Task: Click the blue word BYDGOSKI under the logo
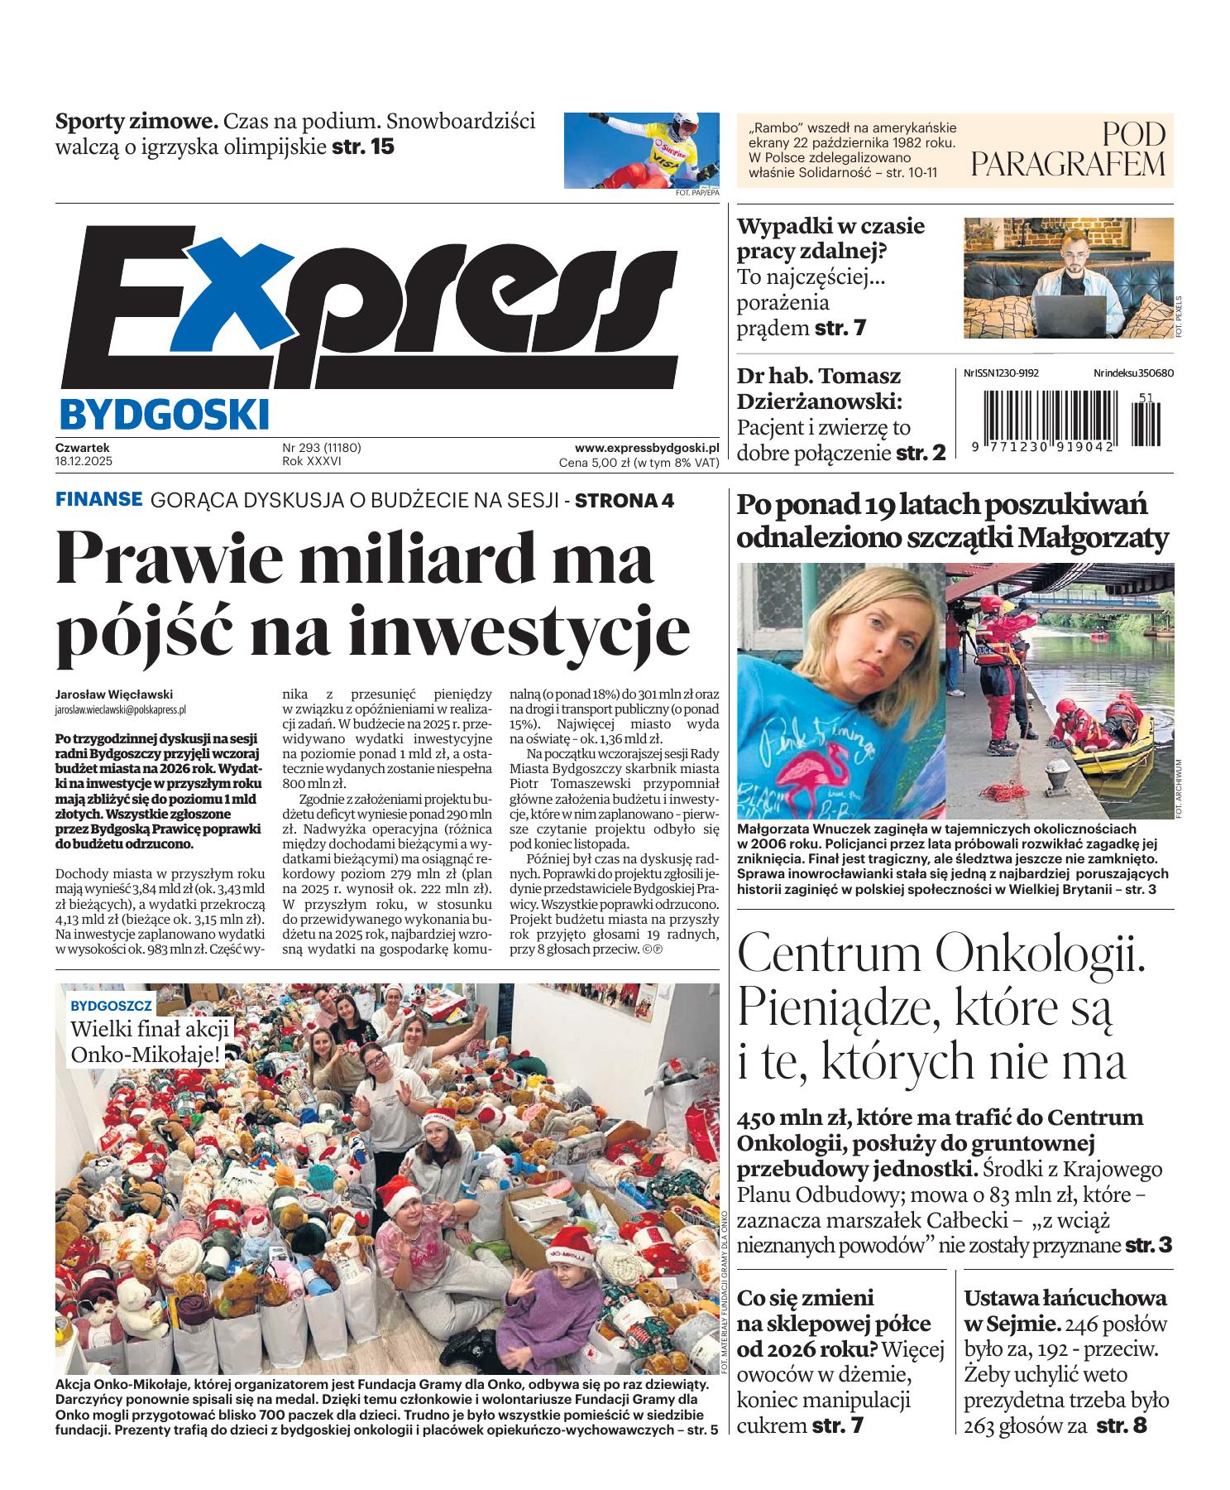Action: coord(165,413)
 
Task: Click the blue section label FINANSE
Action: coord(98,500)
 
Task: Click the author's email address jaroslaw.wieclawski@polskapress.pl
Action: coord(120,709)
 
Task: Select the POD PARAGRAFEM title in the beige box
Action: coord(1068,149)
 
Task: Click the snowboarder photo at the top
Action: coord(641,151)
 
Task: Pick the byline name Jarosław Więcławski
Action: coord(114,695)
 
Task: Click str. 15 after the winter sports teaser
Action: coord(363,147)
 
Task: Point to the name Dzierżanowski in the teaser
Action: coord(819,401)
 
